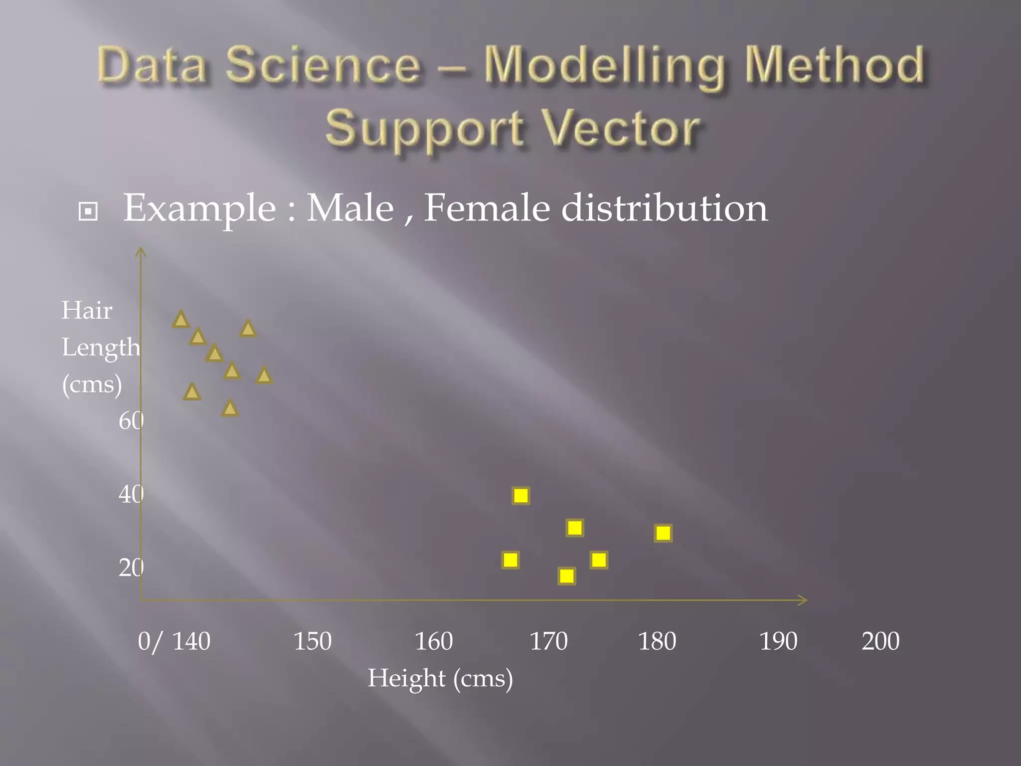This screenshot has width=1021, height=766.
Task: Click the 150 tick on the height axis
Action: (312, 641)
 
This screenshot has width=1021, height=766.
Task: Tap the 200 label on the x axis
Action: (880, 641)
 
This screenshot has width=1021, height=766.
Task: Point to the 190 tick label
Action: (778, 641)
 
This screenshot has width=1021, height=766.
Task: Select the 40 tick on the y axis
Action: (131, 494)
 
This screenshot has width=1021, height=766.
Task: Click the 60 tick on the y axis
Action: (131, 421)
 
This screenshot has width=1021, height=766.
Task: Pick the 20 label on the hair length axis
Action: (131, 568)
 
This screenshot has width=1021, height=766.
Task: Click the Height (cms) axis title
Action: (440, 678)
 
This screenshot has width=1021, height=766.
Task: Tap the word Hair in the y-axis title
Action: (87, 311)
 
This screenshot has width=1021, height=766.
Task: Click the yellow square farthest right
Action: (663, 533)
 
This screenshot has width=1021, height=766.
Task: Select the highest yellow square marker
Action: (521, 496)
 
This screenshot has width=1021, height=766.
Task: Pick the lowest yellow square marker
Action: (567, 576)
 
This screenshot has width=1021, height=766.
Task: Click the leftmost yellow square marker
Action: (510, 560)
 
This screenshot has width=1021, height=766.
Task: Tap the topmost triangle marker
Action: (181, 320)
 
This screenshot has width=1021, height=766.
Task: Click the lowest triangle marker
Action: (229, 408)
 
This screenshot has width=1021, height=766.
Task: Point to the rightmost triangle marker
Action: (264, 376)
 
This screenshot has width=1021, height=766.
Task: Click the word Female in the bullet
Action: (487, 208)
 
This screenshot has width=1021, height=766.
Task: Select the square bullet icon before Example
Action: (88, 211)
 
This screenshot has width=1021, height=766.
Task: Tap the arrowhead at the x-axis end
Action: (803, 600)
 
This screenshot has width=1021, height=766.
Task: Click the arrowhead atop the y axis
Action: (141, 251)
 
